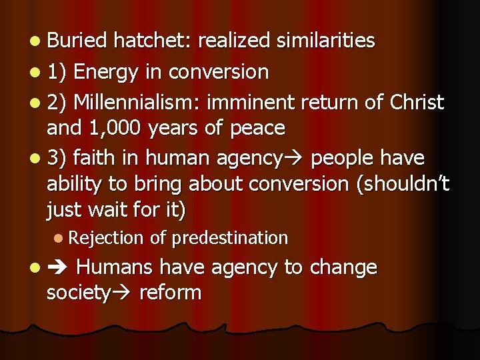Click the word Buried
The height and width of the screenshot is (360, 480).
[x=77, y=41]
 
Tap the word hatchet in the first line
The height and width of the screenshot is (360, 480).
[x=152, y=41]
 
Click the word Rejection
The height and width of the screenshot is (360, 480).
[x=105, y=237]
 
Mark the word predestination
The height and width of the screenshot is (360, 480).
[x=229, y=237]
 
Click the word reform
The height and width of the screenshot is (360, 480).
[x=170, y=292]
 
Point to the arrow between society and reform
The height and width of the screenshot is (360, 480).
[x=123, y=293]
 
